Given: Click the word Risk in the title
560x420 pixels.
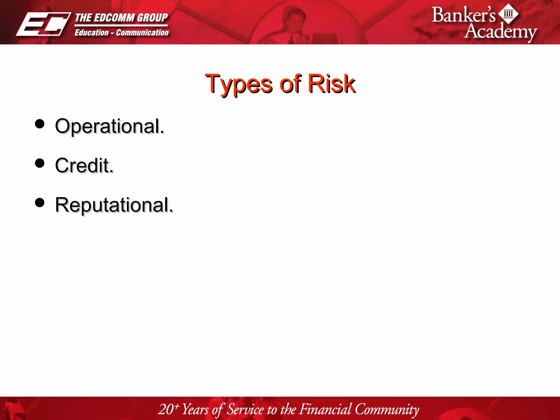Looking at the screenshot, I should coord(331,84).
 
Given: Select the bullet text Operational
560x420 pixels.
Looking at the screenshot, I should coord(109,126).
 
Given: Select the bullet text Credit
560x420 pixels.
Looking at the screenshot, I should coord(84,166).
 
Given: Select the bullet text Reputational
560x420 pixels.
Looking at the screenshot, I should coord(114,205).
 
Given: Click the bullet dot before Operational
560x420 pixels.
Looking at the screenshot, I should coord(40,124).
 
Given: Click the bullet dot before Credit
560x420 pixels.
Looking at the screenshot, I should coord(40,163).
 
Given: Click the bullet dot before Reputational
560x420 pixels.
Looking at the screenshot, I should coord(40,203).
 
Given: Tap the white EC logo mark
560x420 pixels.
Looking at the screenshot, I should coord(43,24).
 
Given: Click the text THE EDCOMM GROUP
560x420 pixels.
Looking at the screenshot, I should coord(121,18).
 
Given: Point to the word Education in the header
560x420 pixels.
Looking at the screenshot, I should coord(92,33).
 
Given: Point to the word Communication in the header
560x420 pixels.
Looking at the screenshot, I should coord(142,33).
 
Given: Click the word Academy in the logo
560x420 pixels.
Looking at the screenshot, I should coord(500,31).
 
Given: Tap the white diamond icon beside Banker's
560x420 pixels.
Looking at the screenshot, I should coord(508,13).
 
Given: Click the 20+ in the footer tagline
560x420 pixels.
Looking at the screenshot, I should coord(168,409).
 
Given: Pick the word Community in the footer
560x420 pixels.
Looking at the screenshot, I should coord(387,409).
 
